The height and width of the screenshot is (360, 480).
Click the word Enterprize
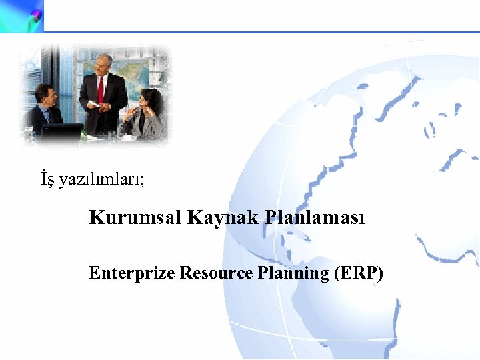[131, 273]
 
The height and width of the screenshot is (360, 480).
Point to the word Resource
[217, 273]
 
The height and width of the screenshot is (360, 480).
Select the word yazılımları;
[101, 180]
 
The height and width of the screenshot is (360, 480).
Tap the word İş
[47, 179]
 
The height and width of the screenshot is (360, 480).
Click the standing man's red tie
[101, 91]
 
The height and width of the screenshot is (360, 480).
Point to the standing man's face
[102, 66]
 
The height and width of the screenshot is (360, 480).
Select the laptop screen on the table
[61, 132]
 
